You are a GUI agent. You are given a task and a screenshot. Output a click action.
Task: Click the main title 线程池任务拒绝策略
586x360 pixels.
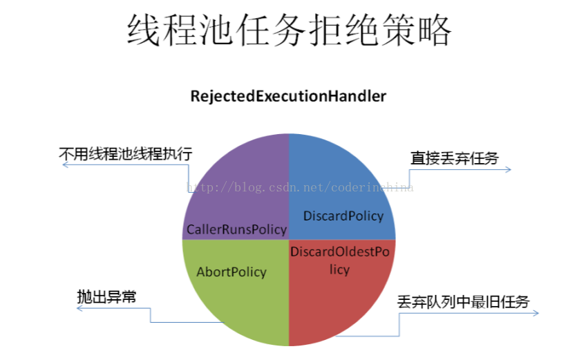tap(288, 30)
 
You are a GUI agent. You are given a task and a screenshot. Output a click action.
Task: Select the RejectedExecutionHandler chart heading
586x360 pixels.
tap(288, 97)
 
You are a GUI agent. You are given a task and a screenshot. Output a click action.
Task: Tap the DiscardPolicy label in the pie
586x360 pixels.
tap(343, 216)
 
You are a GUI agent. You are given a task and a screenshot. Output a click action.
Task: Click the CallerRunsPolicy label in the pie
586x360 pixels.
tap(236, 229)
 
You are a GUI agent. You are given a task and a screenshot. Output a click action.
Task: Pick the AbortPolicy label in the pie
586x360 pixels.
tap(231, 272)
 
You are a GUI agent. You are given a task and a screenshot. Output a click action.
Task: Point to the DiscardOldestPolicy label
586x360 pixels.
tap(339, 260)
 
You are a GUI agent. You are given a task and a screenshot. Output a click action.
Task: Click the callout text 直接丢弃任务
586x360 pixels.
tap(454, 158)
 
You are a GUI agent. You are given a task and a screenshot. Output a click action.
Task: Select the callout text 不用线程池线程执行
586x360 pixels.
tap(125, 153)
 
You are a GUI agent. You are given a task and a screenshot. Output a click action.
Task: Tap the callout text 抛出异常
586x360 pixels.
tap(106, 296)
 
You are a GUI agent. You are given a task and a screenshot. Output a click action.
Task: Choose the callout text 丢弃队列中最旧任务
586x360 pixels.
tap(463, 302)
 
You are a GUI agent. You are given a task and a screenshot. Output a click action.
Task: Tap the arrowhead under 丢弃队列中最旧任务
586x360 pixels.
tap(536, 314)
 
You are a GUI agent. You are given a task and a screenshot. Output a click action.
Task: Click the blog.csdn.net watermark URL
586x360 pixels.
tap(301, 187)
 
